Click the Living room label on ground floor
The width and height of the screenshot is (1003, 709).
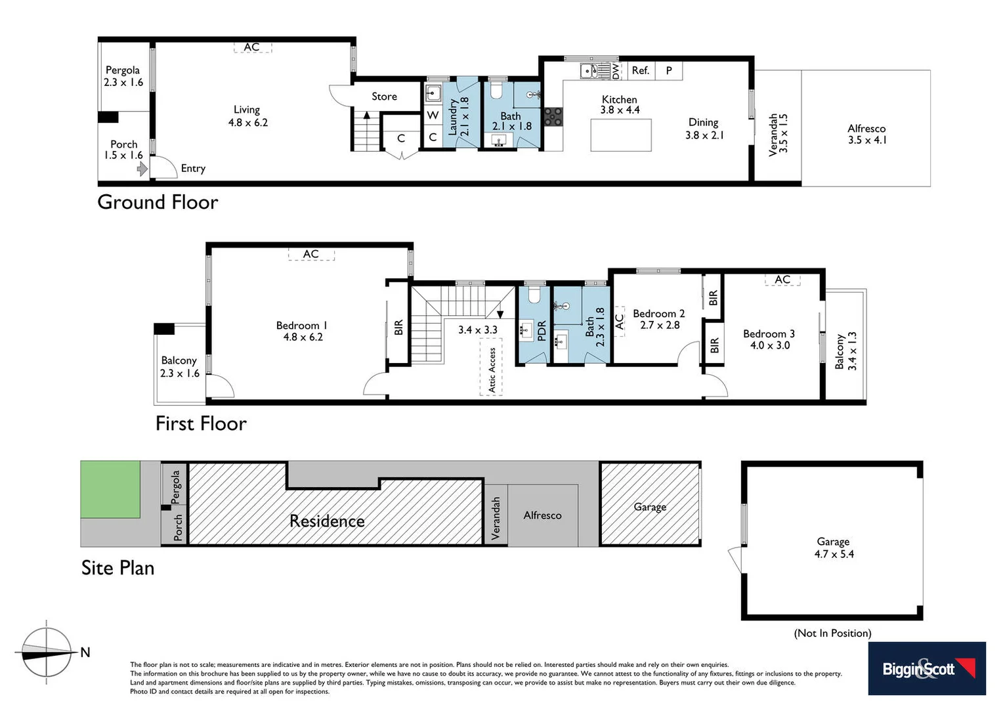[247, 110]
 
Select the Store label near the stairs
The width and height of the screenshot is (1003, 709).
[384, 97]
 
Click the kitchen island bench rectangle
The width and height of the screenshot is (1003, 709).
[621, 135]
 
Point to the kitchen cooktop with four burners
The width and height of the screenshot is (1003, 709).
[553, 116]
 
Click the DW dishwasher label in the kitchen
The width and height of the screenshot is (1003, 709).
[615, 71]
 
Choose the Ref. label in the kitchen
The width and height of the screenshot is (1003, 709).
[640, 70]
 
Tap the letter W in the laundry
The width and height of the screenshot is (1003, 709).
[433, 115]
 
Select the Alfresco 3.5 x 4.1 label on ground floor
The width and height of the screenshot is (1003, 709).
[866, 134]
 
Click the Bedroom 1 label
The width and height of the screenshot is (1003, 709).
[301, 326]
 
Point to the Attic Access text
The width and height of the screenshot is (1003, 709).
[492, 370]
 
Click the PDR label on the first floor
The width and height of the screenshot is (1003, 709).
[542, 330]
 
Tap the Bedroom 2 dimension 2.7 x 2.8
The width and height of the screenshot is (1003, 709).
[660, 325]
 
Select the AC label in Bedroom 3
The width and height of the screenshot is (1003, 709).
[782, 280]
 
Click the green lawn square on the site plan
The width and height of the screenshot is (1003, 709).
[110, 489]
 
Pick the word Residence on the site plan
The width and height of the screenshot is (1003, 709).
[327, 521]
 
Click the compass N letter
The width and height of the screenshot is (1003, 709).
[85, 652]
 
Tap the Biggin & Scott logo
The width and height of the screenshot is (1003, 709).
[926, 668]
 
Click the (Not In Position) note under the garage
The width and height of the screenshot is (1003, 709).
[832, 633]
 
